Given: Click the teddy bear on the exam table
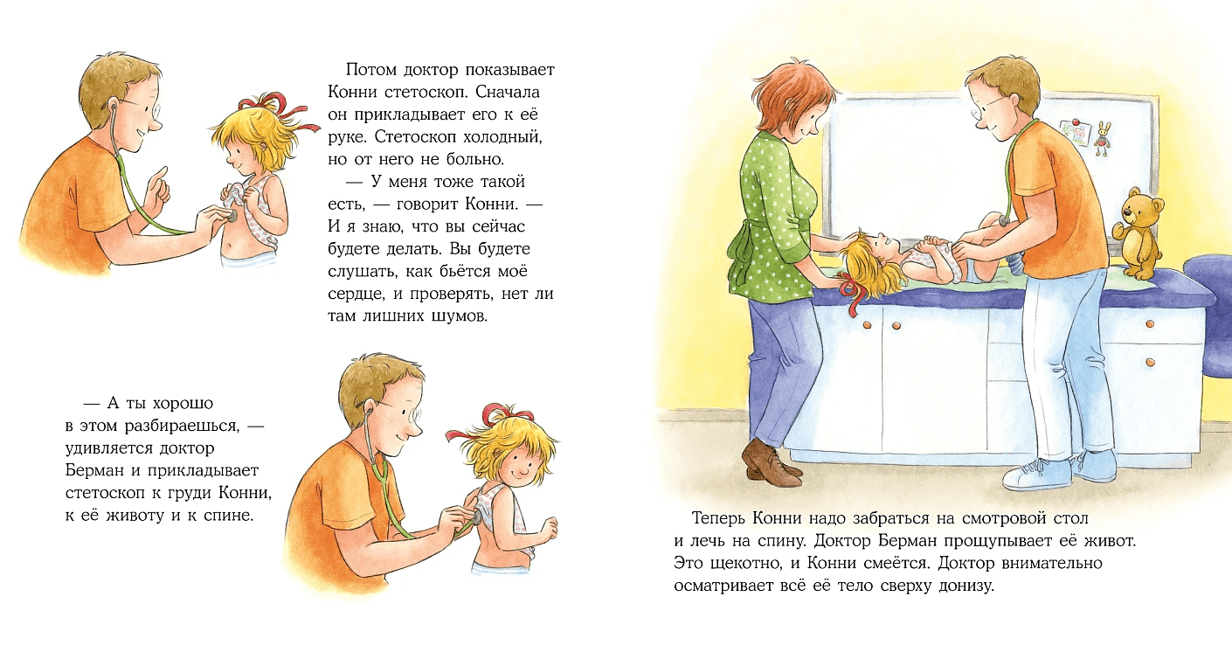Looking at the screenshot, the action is (x=1139, y=234).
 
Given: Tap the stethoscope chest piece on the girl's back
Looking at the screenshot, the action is (x=476, y=518).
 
